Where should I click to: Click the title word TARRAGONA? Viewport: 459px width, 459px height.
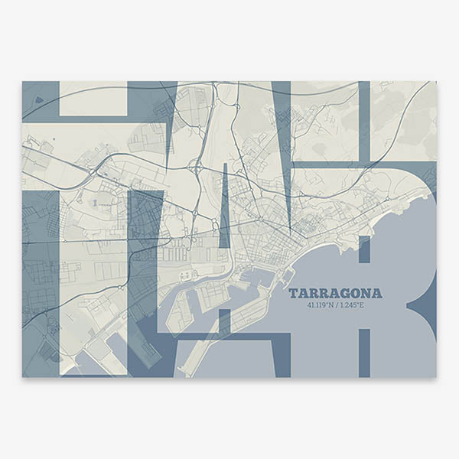[x=335, y=293]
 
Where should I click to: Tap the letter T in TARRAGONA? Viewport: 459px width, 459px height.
[x=292, y=293]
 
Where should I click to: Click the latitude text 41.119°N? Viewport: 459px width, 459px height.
[x=321, y=305]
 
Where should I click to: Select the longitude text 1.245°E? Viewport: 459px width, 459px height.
[x=353, y=305]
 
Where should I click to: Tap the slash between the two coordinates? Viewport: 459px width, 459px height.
[x=337, y=305]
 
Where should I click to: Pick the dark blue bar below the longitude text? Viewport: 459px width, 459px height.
[x=364, y=352]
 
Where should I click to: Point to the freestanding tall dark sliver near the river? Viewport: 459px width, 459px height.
[x=224, y=207]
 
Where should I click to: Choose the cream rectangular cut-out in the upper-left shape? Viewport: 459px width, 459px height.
[x=92, y=98]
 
